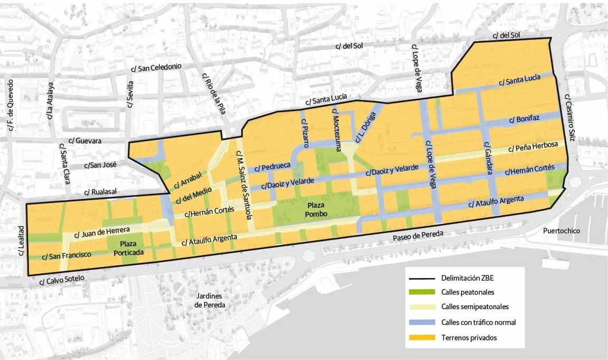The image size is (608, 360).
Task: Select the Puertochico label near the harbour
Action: [x=561, y=231]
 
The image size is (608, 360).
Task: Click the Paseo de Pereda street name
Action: [x=417, y=236]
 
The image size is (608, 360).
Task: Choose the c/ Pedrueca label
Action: [x=272, y=167]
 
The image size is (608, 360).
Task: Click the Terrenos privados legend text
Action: [x=469, y=337]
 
